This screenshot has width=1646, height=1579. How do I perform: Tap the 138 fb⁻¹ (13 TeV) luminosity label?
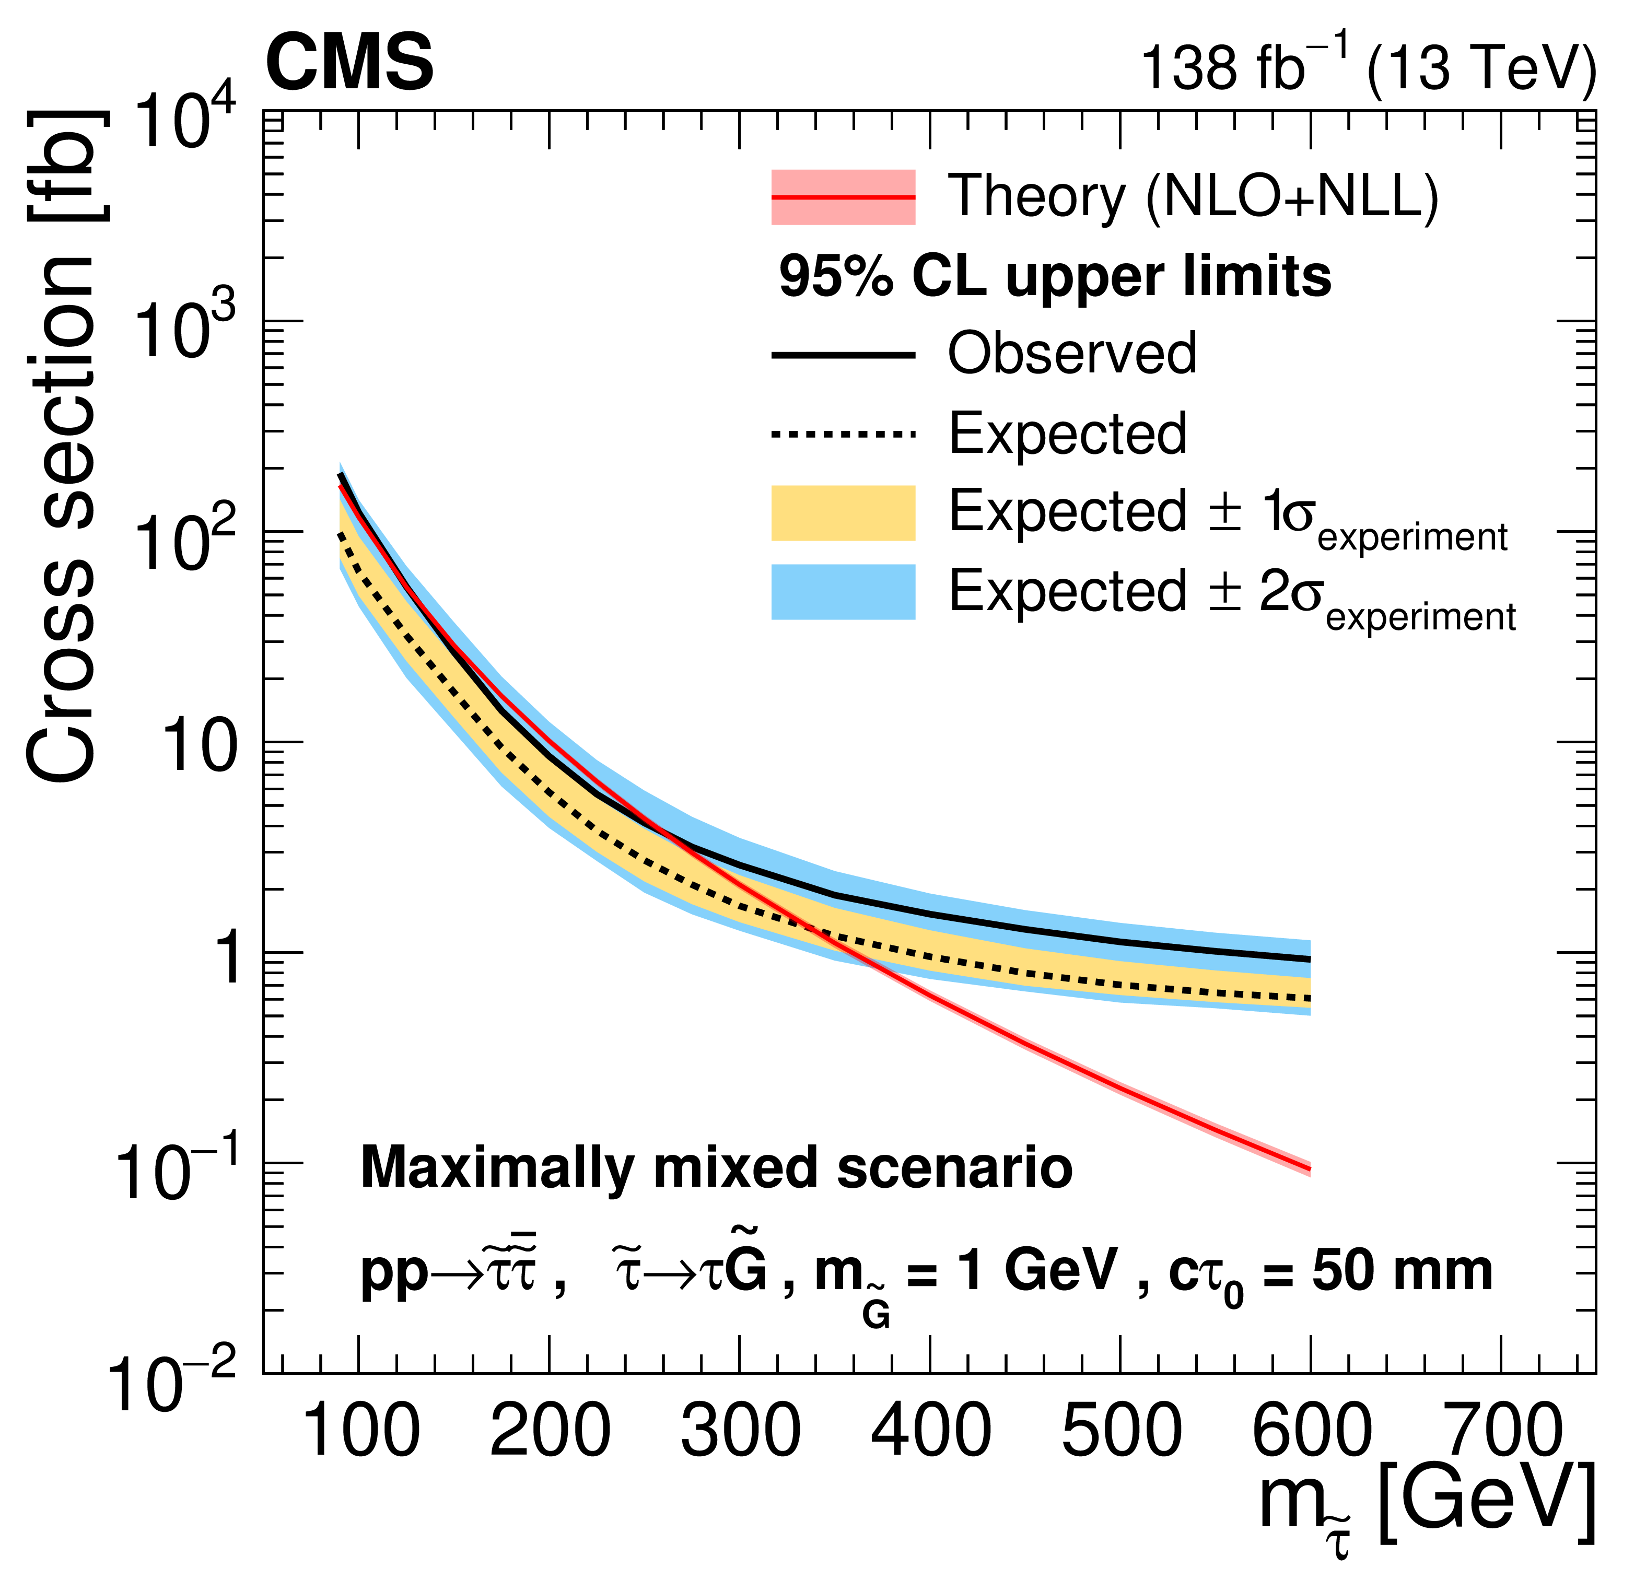click(1367, 67)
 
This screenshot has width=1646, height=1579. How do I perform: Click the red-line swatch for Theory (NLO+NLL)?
click(843, 197)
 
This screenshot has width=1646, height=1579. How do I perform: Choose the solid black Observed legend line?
click(843, 355)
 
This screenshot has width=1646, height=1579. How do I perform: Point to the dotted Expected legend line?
click(843, 434)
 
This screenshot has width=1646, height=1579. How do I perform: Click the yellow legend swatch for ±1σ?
click(843, 512)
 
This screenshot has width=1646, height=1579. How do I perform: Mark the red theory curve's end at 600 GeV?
click(1309, 1168)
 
